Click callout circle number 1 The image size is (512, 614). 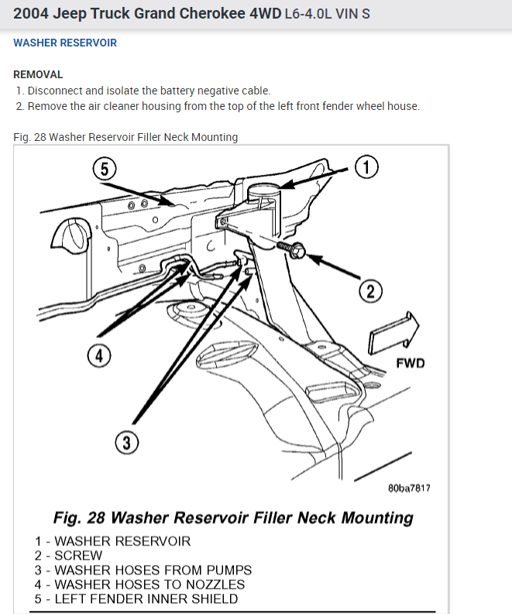pos(366,166)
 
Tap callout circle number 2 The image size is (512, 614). pos(370,290)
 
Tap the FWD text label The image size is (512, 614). pos(411,362)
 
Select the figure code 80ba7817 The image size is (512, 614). pos(409,489)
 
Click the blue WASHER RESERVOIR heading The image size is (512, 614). pos(65,43)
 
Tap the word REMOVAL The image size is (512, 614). pos(38,75)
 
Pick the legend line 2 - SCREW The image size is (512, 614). pos(68,555)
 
